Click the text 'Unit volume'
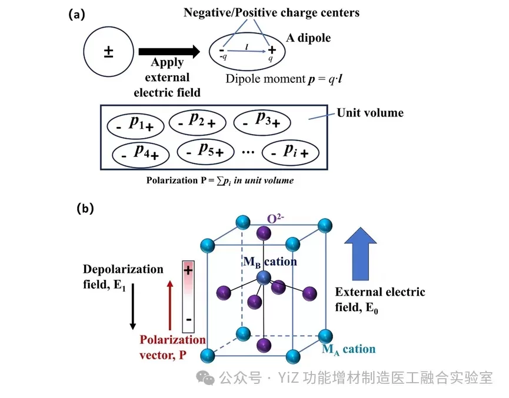click(x=370, y=112)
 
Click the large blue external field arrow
click(x=360, y=254)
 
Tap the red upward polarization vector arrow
click(x=171, y=305)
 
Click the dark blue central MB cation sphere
click(x=262, y=279)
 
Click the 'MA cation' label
click(x=348, y=349)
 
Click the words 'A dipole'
click(x=308, y=38)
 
